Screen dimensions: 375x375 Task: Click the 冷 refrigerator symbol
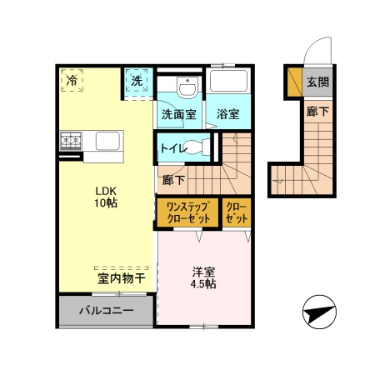72,81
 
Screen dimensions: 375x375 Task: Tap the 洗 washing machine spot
137,81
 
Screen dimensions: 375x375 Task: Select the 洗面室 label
178,115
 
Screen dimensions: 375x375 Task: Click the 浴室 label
228,115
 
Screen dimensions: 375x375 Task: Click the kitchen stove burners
70,140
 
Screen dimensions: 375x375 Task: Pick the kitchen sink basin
109,141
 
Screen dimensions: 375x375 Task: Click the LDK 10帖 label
105,197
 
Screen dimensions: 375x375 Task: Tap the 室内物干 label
122,279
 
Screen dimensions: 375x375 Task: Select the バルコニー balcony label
106,311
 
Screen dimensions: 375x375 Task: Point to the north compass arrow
317,313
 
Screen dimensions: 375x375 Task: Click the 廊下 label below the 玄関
317,110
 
